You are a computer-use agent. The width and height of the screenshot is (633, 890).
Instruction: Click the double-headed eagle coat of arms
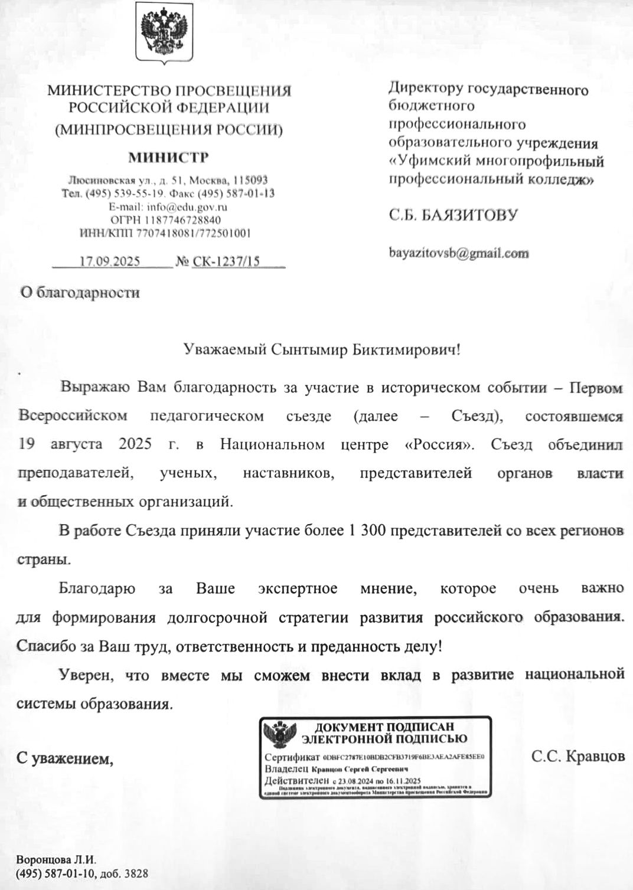166,32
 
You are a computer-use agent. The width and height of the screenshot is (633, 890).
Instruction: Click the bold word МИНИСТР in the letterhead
168,158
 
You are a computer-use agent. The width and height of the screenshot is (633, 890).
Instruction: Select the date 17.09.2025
110,261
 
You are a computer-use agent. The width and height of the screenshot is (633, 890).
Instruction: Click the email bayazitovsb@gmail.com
458,253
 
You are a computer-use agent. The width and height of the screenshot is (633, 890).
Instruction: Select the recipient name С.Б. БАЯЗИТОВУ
453,215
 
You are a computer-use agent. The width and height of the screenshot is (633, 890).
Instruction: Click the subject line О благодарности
80,292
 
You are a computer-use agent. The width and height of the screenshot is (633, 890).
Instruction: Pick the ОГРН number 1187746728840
186,220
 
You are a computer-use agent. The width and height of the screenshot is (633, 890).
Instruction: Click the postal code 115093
251,180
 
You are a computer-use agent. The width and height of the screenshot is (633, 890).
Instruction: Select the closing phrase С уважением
64,758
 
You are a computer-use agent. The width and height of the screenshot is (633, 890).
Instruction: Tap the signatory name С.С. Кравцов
577,756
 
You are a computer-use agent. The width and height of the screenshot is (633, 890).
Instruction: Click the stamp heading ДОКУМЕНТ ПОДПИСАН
384,727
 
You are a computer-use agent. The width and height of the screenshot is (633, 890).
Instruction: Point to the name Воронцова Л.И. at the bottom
56,860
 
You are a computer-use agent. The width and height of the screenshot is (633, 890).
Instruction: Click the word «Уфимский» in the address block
429,161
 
